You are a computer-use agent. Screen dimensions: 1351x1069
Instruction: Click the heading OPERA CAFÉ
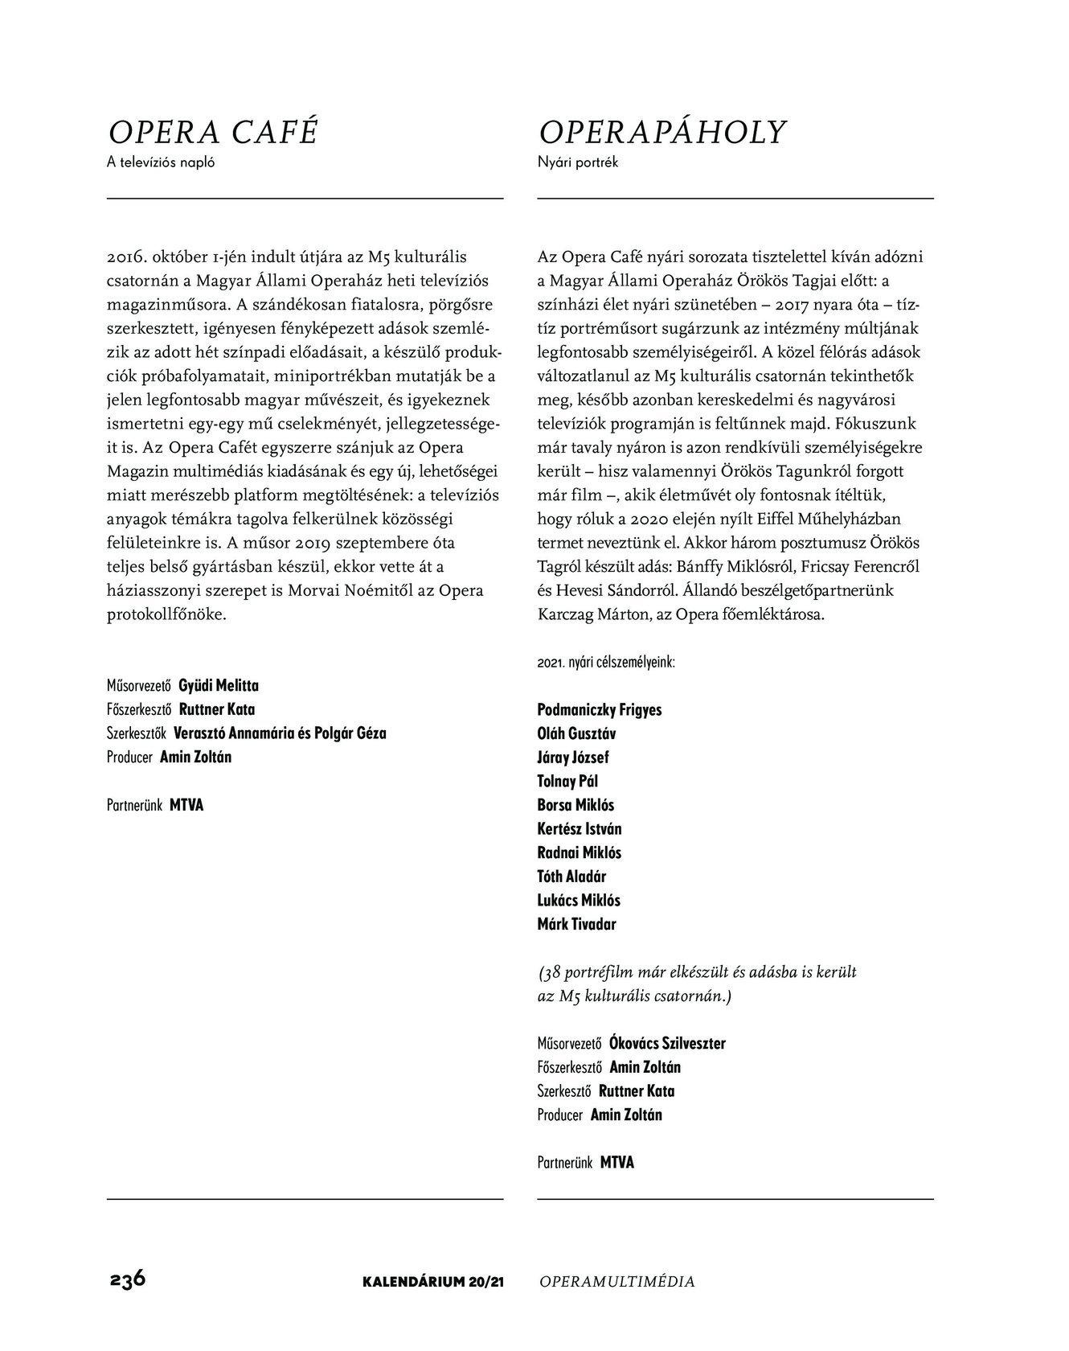pos(213,132)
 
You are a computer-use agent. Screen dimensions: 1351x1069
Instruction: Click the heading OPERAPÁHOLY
pos(662,132)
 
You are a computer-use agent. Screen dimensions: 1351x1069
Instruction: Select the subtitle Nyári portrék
pos(577,162)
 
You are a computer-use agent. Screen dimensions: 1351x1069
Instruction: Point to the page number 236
pos(127,1279)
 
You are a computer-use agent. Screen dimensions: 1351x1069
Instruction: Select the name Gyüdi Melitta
pos(219,686)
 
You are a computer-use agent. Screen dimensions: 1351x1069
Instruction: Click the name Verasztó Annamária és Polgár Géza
pos(280,733)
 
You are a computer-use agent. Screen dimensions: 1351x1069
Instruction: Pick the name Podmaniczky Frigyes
pos(600,710)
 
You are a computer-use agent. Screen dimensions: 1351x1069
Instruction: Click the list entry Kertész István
pos(579,829)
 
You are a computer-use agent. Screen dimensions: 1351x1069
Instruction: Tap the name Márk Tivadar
pos(576,924)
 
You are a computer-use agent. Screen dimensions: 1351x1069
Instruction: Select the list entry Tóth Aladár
pos(571,877)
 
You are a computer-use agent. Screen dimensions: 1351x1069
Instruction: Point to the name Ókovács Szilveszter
pos(667,1044)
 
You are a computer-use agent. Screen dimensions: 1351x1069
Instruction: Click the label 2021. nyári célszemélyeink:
pos(606,663)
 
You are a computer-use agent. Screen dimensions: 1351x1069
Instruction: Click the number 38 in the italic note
pos(551,972)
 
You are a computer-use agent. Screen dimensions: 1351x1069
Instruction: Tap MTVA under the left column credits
pos(186,805)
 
